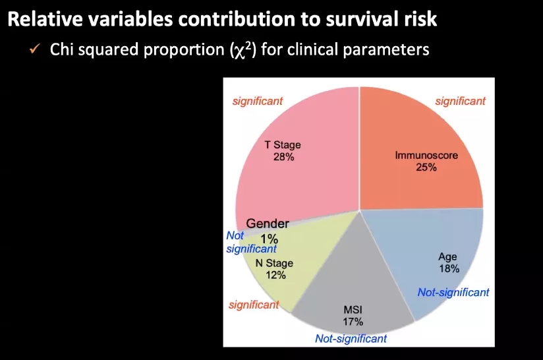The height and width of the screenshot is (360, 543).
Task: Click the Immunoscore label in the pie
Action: pos(425,156)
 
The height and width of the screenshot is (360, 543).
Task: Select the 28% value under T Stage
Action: pos(283,157)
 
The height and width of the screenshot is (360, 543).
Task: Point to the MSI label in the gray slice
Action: pos(353,310)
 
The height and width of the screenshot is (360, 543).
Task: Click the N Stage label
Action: pos(275,264)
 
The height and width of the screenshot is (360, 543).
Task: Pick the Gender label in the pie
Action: pos(268,224)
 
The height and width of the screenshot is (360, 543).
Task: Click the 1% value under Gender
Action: pos(269,239)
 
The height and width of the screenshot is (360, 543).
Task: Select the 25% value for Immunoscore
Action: pos(426,167)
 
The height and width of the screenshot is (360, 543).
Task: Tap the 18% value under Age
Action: pos(449,268)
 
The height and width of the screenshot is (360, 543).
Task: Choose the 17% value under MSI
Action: pos(353,322)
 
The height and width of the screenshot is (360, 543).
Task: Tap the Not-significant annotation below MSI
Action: pos(351,339)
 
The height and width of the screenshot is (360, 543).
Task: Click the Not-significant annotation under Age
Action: pos(453,292)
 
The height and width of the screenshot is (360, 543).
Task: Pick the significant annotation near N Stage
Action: pos(254,305)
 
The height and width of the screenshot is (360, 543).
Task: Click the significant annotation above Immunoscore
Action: pos(460,101)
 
